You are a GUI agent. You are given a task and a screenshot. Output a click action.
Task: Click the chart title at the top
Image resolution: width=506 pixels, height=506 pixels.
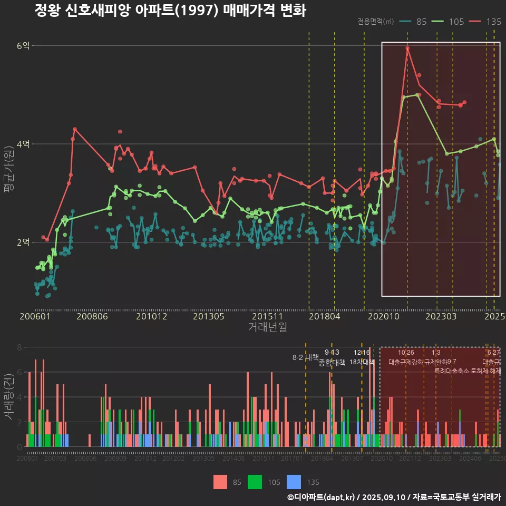170,11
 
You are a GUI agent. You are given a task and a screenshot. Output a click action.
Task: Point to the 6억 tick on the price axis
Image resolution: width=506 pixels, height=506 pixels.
23,46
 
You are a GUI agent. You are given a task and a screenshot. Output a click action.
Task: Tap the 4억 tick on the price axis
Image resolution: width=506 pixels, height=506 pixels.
23,144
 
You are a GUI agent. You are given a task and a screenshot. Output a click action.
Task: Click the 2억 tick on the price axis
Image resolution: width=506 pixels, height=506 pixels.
23,242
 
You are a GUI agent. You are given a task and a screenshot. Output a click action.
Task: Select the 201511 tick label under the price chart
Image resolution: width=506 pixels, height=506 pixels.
264,317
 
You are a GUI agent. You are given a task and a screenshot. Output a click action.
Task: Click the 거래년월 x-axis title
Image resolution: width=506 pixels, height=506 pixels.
267,327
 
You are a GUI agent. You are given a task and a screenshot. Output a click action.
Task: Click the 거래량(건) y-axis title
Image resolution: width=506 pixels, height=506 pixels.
8,397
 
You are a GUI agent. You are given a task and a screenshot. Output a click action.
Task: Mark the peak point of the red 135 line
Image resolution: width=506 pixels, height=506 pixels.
407,48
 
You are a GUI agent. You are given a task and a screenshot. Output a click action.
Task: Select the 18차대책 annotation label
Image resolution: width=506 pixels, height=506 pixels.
362,362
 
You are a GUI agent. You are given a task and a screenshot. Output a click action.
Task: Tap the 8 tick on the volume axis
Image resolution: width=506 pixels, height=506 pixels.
19,347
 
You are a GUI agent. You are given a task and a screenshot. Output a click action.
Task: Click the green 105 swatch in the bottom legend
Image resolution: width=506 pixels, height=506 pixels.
255,482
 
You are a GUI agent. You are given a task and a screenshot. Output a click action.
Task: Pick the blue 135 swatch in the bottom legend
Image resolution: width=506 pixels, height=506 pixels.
294,482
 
